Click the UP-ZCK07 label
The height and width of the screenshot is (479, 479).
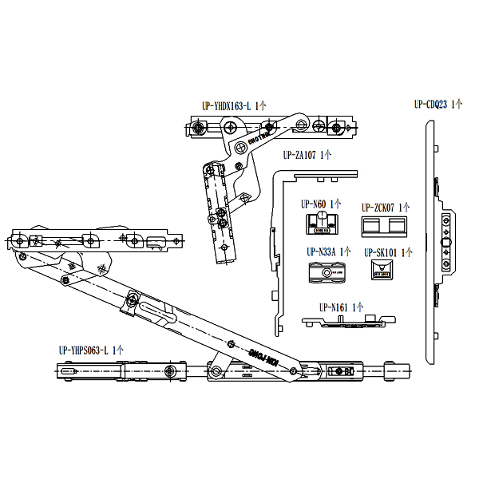(378, 206)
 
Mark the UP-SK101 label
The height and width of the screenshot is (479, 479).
(380, 252)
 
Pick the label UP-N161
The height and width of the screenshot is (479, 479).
(335, 307)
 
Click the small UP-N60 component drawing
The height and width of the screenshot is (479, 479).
(323, 224)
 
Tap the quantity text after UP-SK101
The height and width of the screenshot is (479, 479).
(406, 252)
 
